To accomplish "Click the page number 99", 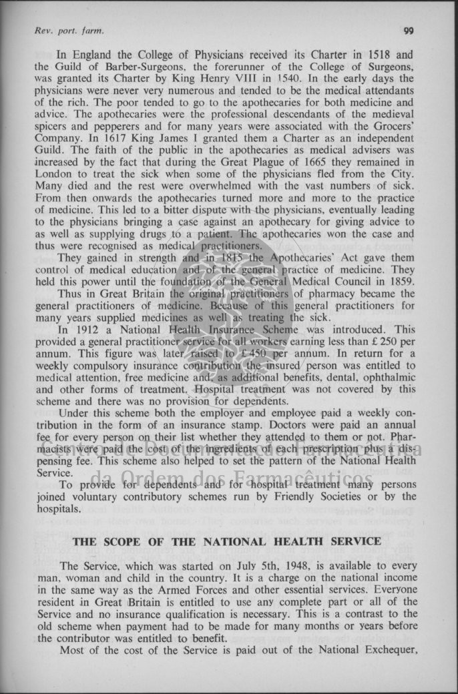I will pos(409,31).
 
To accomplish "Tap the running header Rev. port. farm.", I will pos(69,31).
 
